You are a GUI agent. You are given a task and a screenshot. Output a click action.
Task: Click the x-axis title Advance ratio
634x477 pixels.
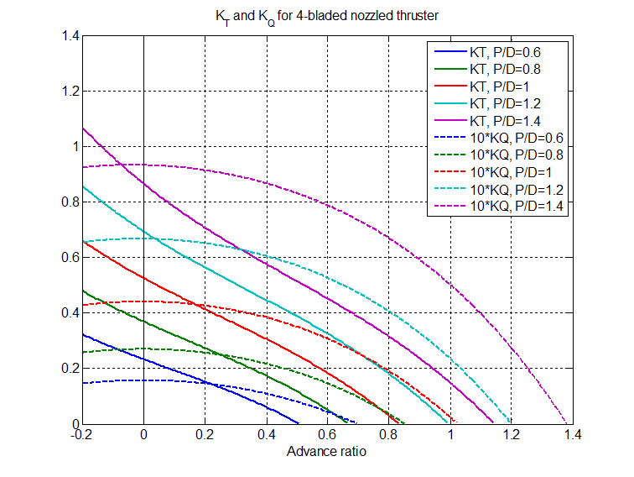(327, 452)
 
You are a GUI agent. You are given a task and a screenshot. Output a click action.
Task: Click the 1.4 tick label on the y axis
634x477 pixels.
(69, 36)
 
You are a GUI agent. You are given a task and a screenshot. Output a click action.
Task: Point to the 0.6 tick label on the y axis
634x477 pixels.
(69, 258)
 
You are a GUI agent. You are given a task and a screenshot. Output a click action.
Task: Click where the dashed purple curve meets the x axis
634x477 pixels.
(568, 423)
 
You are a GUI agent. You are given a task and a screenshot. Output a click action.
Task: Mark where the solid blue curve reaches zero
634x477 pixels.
(299, 423)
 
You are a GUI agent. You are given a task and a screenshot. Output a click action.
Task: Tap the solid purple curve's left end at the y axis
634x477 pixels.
(83, 128)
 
